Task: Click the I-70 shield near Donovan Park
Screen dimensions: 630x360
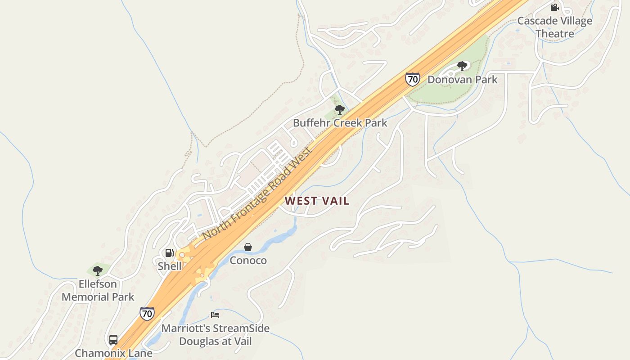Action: [412, 79]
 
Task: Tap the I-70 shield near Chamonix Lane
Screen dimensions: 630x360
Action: [147, 313]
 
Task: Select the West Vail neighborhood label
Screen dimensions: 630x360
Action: [317, 201]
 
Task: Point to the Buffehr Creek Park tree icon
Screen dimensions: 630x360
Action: [340, 110]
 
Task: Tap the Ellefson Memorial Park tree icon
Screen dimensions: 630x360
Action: [97, 271]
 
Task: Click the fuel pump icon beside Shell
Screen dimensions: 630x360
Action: [169, 253]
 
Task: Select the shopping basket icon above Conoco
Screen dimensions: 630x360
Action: [247, 247]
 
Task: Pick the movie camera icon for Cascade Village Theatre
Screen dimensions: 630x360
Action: [554, 7]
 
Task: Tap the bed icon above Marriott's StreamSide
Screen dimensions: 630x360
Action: [215, 315]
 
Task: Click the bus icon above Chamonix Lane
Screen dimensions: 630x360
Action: [113, 340]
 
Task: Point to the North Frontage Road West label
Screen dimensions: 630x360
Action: [257, 193]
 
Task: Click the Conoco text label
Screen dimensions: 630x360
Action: [248, 261]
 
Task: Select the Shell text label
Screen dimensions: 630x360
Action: [170, 266]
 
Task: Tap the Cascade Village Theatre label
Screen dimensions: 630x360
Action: [555, 27]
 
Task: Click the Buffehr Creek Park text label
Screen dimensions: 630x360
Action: [340, 123]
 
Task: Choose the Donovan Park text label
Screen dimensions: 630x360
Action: [463, 80]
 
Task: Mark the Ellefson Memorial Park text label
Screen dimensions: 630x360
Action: [98, 290]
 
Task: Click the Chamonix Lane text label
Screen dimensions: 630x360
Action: [113, 353]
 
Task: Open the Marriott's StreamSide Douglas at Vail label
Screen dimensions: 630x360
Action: [215, 335]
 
